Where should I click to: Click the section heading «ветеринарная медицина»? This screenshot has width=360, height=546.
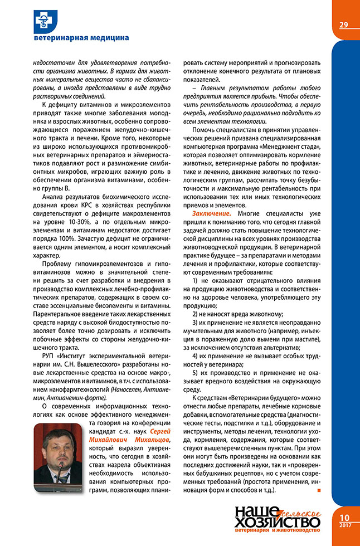point(81,38)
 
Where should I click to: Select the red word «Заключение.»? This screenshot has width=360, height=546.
point(211,213)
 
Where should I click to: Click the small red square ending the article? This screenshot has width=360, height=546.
point(318,490)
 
